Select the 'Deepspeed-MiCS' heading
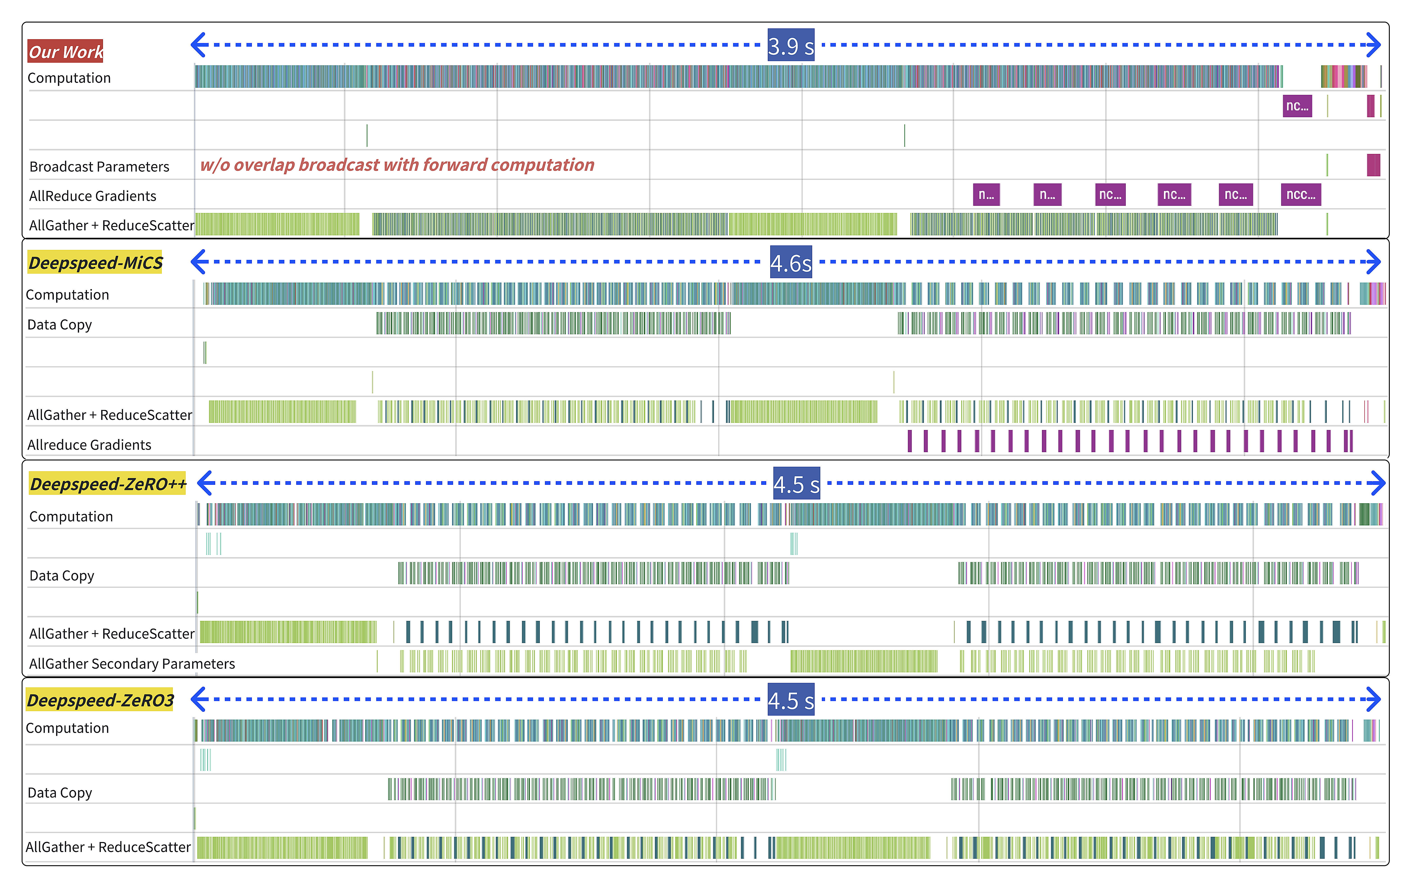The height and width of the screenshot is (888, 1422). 95,263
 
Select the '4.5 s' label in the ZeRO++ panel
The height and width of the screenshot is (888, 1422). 796,484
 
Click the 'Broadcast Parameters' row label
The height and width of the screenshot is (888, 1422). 99,167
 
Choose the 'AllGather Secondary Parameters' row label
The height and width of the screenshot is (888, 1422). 132,664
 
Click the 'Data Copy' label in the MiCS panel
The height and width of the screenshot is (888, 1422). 60,325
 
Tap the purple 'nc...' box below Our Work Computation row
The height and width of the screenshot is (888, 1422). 1297,106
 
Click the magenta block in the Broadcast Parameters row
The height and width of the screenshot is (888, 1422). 1373,165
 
